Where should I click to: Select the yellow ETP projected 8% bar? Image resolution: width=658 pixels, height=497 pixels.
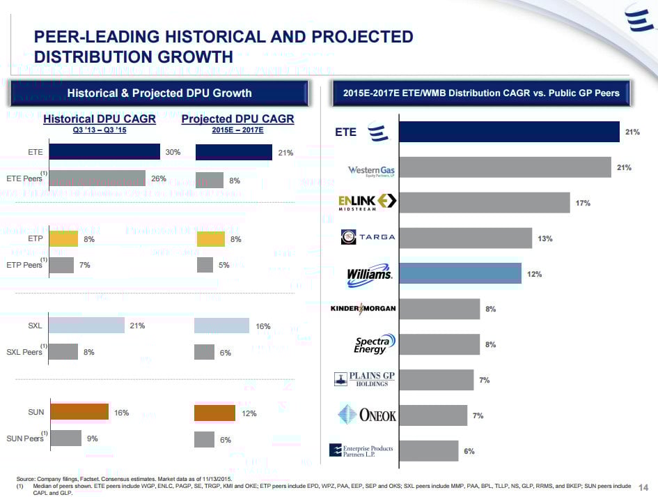pos(211,239)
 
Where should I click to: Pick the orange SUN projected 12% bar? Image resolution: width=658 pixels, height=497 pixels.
pos(215,413)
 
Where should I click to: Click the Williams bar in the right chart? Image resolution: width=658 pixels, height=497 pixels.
pos(460,273)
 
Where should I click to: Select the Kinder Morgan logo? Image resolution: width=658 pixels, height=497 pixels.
pos(363,309)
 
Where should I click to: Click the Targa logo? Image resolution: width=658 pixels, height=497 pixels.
pos(368,237)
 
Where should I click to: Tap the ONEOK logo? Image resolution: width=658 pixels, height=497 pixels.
pos(367,415)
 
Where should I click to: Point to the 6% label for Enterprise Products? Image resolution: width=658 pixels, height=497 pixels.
pos(470,451)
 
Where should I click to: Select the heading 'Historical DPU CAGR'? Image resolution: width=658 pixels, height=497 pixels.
pos(100,119)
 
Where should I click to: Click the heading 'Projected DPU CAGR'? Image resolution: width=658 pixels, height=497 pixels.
pos(237,119)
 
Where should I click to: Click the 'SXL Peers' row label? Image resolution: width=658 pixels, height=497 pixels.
pos(24,352)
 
